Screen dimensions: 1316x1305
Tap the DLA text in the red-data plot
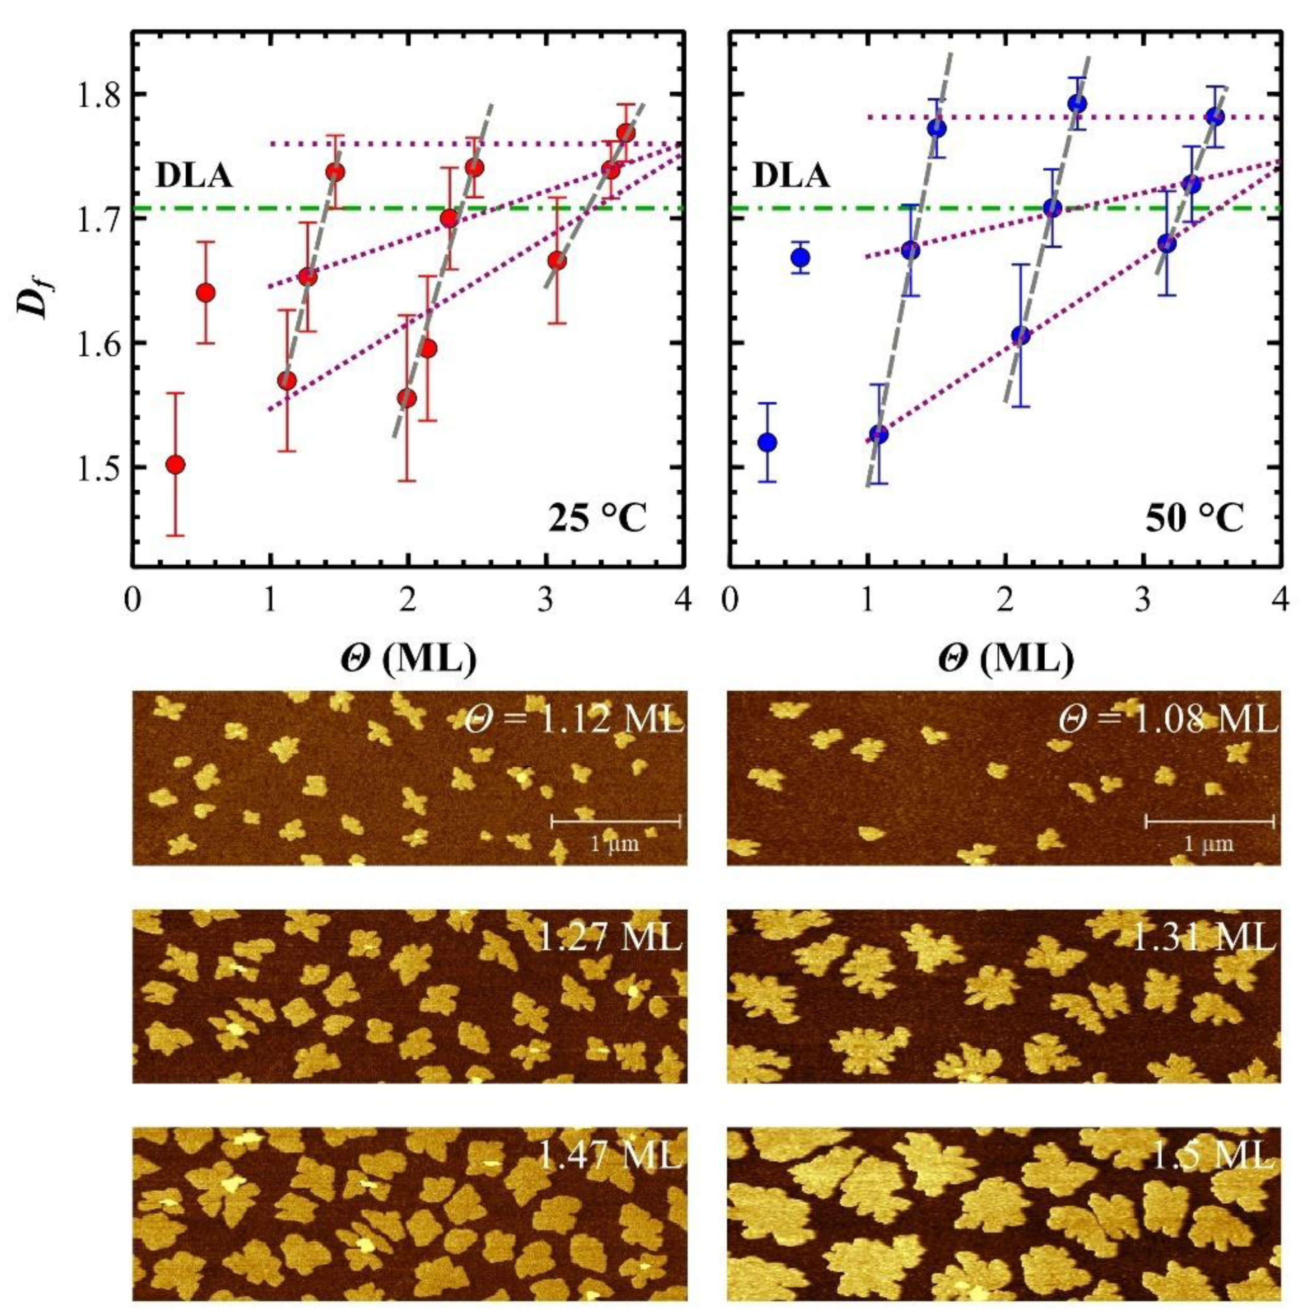[194, 177]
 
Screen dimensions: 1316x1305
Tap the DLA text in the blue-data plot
[791, 177]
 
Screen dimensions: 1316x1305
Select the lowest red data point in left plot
[175, 464]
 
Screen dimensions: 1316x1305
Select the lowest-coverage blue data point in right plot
[767, 442]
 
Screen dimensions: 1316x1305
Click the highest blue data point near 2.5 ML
[1078, 104]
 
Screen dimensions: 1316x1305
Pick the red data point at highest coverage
[626, 133]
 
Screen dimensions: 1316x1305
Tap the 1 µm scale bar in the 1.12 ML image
[615, 822]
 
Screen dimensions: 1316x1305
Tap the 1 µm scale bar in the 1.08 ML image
[1209, 822]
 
